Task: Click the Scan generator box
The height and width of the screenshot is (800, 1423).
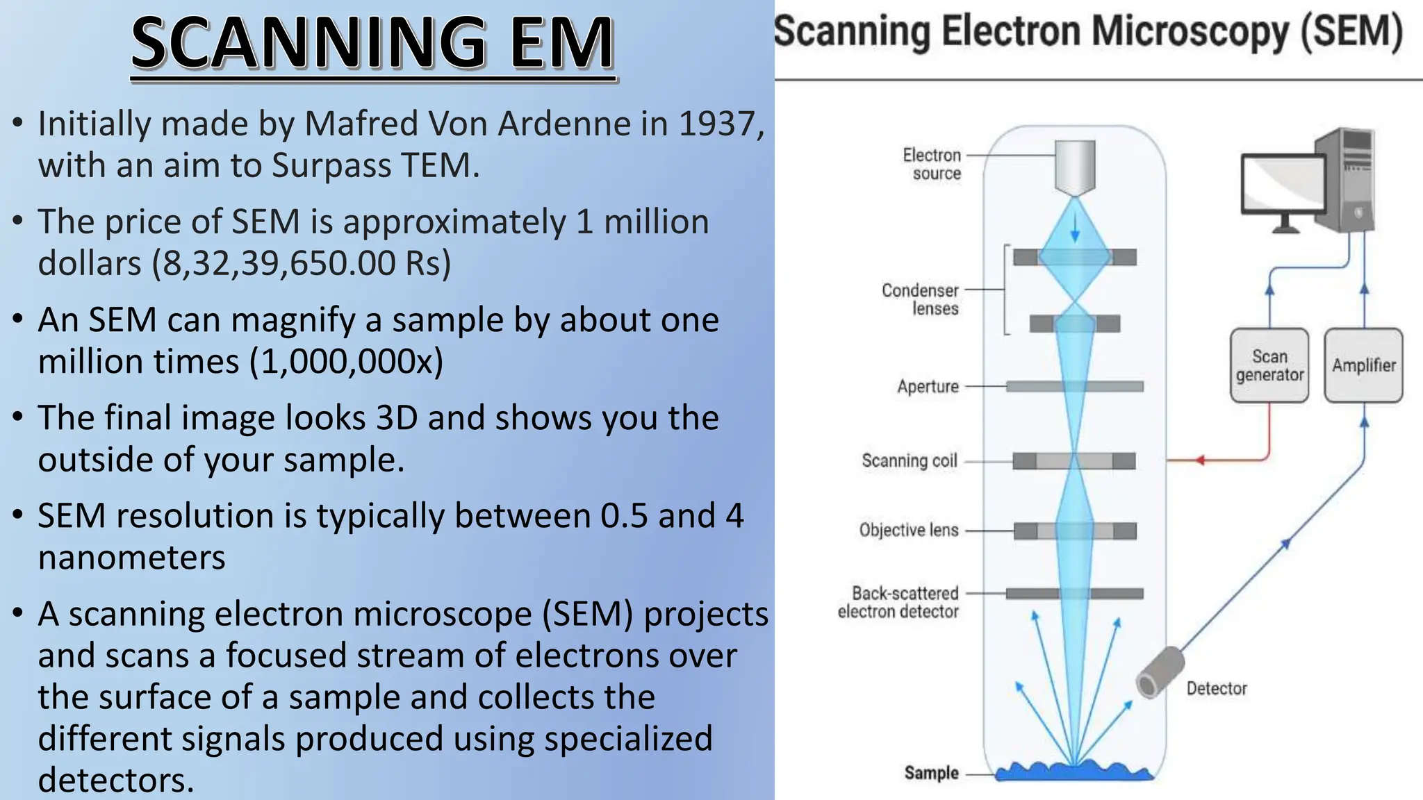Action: point(1269,365)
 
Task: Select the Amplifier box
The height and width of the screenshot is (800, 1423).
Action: point(1363,365)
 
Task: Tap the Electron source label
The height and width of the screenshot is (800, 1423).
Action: point(932,164)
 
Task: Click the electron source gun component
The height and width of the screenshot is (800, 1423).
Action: point(1075,167)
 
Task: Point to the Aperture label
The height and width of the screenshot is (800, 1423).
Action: point(928,386)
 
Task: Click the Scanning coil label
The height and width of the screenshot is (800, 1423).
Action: point(909,460)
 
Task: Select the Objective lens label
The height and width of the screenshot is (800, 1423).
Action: point(908,530)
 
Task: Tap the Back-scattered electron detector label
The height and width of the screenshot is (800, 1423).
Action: point(898,602)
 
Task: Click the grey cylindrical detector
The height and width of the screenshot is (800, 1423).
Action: point(1160,672)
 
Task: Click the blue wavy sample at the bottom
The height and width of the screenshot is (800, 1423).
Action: point(1074,772)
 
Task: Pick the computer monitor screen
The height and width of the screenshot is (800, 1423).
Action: point(1283,183)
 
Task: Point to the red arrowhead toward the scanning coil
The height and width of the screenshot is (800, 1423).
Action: point(1199,460)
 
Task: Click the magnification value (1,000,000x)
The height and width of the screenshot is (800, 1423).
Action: point(346,361)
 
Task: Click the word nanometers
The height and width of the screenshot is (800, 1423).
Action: point(131,558)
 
